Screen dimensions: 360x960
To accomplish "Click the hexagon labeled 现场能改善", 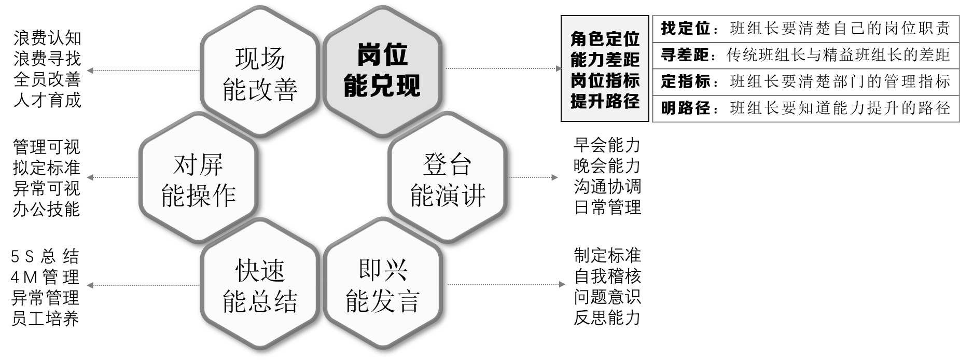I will point(259,74).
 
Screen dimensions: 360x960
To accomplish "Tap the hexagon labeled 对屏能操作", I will point(199,179).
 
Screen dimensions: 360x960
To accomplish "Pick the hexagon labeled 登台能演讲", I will point(447,179).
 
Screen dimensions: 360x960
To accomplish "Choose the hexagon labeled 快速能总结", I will point(259,286).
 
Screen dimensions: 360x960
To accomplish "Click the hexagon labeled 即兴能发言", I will point(382,286).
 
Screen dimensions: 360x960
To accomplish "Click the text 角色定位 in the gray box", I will point(605,39).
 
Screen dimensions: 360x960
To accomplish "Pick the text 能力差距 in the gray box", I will point(605,60).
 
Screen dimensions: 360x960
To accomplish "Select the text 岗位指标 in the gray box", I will point(605,80).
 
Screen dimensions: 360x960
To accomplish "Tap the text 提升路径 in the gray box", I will point(605,101).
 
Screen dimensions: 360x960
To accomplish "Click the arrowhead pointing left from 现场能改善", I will point(89,71).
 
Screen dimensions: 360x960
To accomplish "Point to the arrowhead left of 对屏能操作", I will point(89,177).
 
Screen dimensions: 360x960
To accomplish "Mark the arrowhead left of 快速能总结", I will point(89,285).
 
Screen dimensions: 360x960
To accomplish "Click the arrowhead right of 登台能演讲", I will point(555,177).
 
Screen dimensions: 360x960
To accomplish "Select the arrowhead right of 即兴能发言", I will point(562,284).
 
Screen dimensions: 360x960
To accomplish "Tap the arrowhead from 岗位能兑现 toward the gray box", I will point(559,68).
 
